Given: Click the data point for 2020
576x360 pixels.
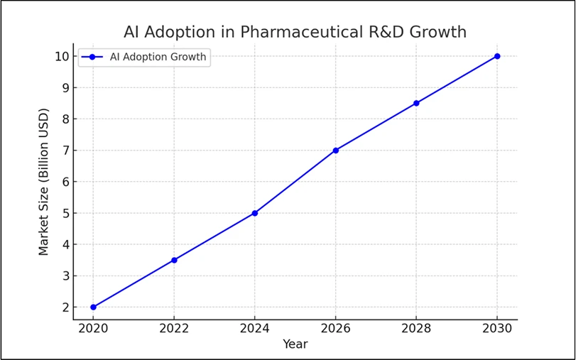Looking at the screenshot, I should pos(93,307).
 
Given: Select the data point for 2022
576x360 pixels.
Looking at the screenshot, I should pos(174,260).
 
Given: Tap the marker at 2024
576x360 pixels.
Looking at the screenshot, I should pos(255,213).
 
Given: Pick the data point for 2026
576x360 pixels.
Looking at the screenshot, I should pos(335,151).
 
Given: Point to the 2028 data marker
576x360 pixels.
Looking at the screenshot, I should pos(416,103).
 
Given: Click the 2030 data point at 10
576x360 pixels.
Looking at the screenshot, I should pos(497,56).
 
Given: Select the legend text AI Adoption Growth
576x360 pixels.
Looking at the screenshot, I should pos(159,58).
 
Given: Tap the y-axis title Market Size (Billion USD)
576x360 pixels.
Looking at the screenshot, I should pos(44,182).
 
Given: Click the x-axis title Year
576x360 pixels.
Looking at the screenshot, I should pos(295,344).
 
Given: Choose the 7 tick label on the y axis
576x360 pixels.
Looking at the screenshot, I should pos(65,151).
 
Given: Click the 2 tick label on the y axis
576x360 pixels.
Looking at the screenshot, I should pos(65,307).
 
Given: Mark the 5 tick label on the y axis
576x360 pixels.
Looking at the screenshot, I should pos(65,213).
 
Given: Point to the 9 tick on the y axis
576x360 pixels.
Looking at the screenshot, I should pos(65,88).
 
